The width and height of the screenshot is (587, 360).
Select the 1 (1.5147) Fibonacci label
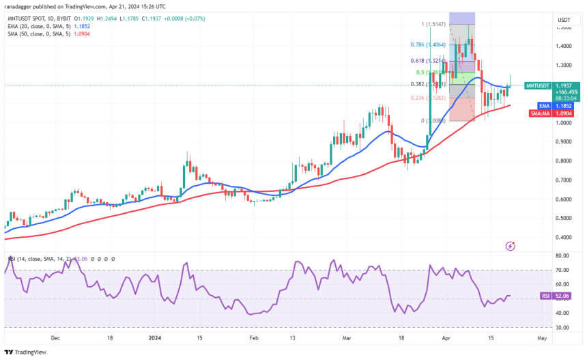433,24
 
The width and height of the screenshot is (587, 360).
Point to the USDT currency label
564,20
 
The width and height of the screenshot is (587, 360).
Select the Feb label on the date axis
254,337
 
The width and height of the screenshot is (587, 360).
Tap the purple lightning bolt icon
510,245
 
